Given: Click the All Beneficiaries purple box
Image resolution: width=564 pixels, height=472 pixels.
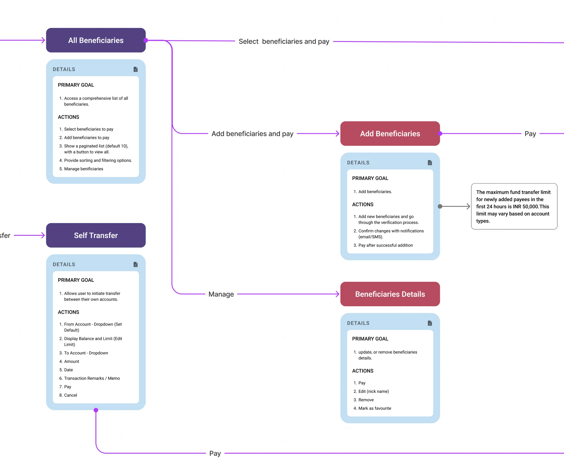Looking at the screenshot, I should click(x=96, y=40).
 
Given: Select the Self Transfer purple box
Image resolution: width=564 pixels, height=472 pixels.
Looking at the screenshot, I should click(x=96, y=235).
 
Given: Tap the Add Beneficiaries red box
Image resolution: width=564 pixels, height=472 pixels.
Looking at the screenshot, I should click(x=390, y=134).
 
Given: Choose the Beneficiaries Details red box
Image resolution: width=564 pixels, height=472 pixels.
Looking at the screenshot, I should click(x=390, y=294).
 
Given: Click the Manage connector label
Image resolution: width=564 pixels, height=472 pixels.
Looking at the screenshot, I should click(x=221, y=294).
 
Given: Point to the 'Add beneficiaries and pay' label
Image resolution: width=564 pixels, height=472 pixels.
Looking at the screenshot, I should click(x=252, y=134).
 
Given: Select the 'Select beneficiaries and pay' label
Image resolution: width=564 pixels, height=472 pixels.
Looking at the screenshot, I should click(x=284, y=41).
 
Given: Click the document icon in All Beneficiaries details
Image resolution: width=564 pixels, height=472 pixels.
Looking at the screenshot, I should click(x=136, y=69).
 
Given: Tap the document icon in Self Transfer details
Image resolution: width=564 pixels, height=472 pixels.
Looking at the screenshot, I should click(x=136, y=264).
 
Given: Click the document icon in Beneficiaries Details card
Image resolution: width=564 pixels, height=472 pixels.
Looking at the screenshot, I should click(x=430, y=323).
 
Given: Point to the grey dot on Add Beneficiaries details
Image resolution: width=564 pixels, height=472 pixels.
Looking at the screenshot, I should click(x=440, y=206).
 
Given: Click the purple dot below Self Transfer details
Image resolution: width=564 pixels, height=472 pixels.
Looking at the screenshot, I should click(x=96, y=410).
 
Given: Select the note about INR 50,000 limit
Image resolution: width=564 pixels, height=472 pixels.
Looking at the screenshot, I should click(x=514, y=206).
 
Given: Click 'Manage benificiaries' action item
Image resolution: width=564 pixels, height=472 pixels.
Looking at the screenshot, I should click(x=84, y=169).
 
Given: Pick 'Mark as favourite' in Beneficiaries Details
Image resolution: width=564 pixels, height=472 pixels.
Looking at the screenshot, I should click(x=374, y=408).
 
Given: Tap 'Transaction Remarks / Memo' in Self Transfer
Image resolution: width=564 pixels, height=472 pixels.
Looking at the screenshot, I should click(x=92, y=378).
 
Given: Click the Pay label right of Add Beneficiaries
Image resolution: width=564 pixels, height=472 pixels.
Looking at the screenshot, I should click(x=530, y=134).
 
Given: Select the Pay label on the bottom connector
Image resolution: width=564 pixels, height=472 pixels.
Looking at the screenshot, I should click(x=215, y=453).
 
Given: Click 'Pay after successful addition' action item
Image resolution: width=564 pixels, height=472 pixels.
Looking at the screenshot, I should click(x=385, y=245).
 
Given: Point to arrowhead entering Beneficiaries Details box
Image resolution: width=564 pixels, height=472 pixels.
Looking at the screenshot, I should click(x=338, y=294).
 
